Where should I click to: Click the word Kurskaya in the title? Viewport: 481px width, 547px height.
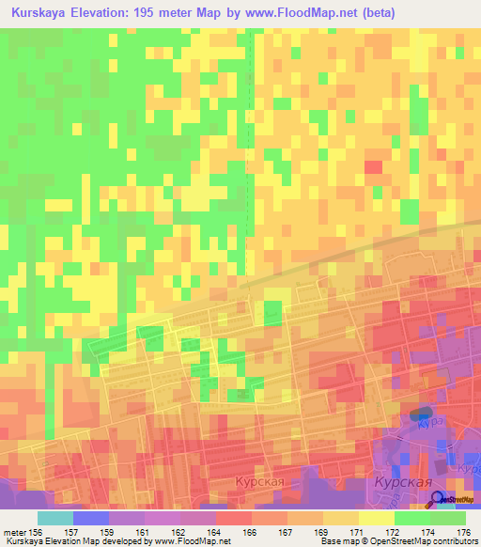[x=43, y=13]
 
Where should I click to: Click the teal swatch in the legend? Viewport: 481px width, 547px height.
[x=55, y=518]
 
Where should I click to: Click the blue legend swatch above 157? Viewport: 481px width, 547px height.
[x=91, y=518]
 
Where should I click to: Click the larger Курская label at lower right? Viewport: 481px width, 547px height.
[x=403, y=481]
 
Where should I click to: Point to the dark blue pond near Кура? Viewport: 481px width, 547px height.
[x=421, y=413]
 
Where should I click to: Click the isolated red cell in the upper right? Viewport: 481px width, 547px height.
[x=373, y=166]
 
